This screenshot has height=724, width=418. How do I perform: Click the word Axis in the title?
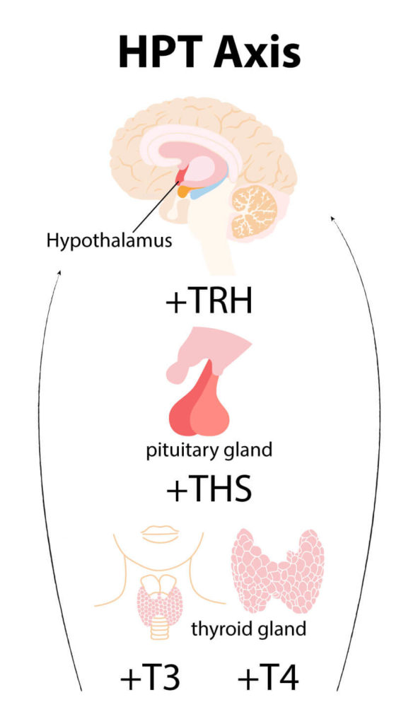(257, 52)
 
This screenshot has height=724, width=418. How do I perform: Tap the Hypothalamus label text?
(109, 241)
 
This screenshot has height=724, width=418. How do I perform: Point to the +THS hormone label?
(209, 489)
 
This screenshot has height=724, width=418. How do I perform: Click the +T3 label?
(150, 678)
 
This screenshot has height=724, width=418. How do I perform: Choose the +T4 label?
(268, 678)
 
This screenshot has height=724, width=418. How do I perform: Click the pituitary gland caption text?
(209, 450)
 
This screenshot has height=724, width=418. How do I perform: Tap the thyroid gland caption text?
(248, 629)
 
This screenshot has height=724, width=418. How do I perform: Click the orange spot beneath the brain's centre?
(185, 191)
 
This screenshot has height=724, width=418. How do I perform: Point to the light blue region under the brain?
(205, 189)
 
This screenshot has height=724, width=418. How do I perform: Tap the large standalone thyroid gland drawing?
(277, 571)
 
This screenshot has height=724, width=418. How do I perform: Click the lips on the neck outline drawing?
(160, 534)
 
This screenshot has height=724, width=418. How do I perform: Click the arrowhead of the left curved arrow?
(59, 273)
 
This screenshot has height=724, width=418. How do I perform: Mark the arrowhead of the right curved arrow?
(332, 218)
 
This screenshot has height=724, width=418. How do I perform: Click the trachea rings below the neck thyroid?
(160, 628)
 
